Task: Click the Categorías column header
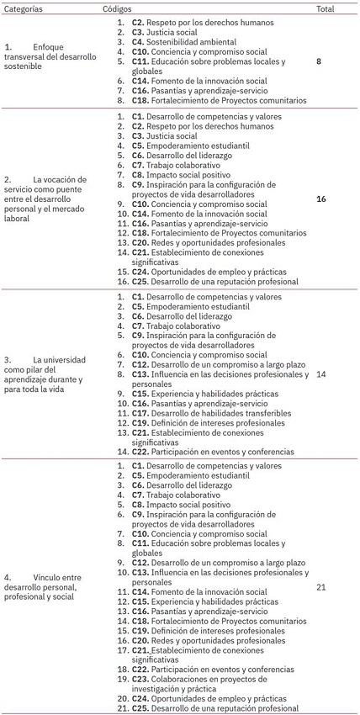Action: tap(24, 7)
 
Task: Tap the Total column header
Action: tap(326, 7)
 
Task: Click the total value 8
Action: tap(319, 61)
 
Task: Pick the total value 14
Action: tap(320, 374)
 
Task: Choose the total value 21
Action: tap(320, 586)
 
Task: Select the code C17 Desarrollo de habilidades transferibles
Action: tap(211, 413)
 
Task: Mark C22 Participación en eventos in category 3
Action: tap(213, 452)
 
